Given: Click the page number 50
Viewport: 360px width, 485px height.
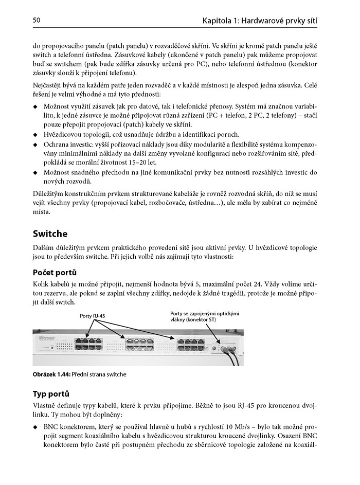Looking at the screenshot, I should [x=37, y=20].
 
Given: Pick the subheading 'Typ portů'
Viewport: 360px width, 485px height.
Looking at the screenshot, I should [x=51, y=394].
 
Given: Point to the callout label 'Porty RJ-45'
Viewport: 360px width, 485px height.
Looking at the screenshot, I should [x=92, y=316].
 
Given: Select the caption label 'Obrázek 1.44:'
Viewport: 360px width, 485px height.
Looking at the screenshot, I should [x=50, y=374].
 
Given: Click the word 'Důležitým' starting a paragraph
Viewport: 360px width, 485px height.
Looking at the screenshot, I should [x=49, y=193].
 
